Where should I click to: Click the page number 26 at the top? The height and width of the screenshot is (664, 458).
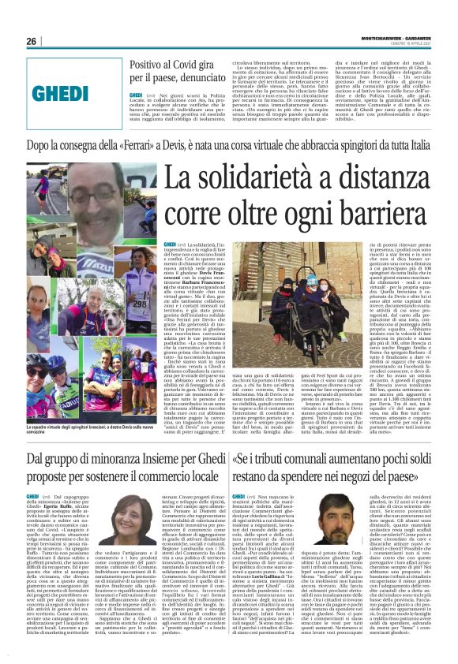[x=32, y=41]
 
